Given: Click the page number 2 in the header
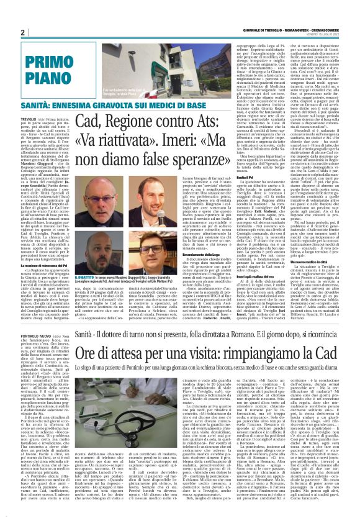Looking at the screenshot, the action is click(x=22, y=32).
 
